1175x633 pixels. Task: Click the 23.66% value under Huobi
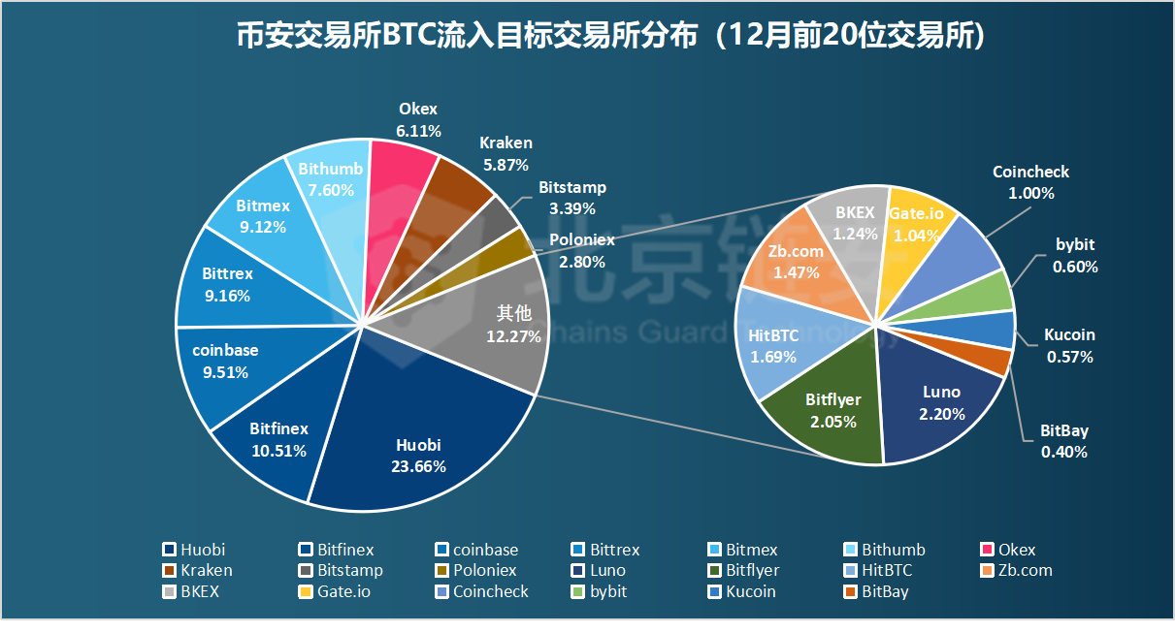[x=419, y=467]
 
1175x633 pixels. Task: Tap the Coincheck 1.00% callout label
[x=1030, y=182]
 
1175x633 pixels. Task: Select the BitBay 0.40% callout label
[x=1064, y=441]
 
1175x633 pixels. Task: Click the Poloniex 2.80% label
[x=581, y=251]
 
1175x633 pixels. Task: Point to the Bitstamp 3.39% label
[x=571, y=198]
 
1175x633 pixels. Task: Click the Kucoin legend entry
[x=750, y=591]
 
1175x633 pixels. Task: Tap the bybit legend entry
[x=607, y=591]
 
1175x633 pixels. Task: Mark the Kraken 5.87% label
[x=506, y=154]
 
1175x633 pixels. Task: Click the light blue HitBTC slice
[x=773, y=344]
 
